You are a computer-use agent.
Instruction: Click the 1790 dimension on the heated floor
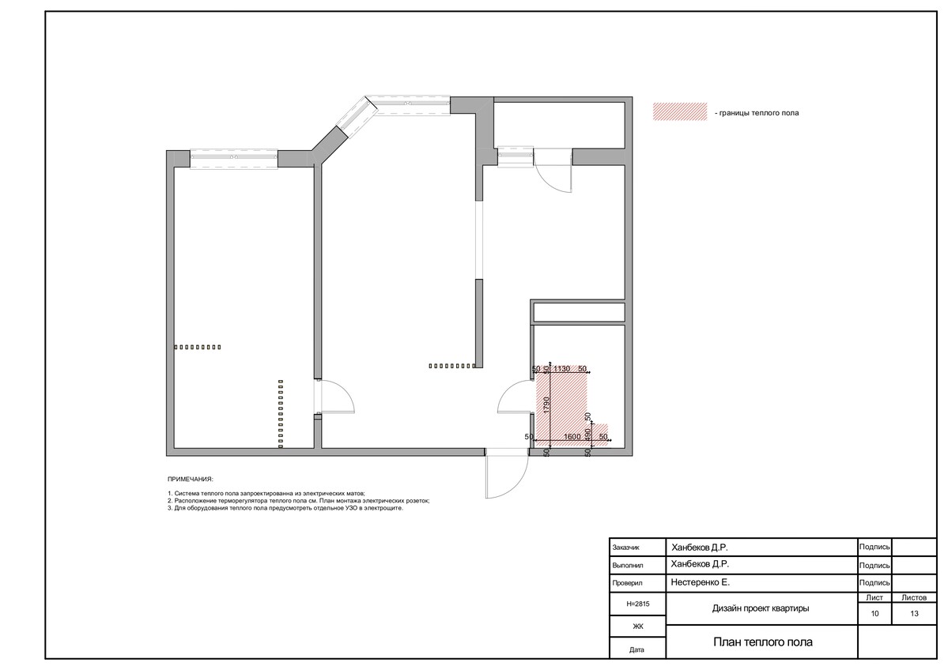tap(546, 405)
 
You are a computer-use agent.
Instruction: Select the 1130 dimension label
tap(561, 368)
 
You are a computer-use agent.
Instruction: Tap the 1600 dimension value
tap(572, 437)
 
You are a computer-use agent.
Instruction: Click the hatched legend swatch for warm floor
tap(679, 111)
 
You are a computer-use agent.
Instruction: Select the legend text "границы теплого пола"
tap(759, 113)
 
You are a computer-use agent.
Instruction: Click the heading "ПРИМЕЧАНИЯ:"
tap(191, 479)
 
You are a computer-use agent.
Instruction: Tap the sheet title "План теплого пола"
tap(763, 642)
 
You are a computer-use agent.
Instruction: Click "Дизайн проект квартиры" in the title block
tap(761, 608)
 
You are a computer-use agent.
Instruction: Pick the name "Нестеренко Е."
tap(700, 582)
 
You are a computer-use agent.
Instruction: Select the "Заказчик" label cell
tap(625, 548)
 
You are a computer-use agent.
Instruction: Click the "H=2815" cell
tap(638, 604)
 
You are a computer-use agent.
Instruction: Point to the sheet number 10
tap(874, 614)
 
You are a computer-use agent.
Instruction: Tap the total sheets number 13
tap(914, 614)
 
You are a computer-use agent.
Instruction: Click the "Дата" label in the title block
tap(636, 650)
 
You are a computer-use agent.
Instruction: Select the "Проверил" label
tap(627, 584)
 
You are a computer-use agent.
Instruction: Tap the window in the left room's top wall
tap(234, 158)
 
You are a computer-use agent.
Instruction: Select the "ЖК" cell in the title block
tap(638, 627)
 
